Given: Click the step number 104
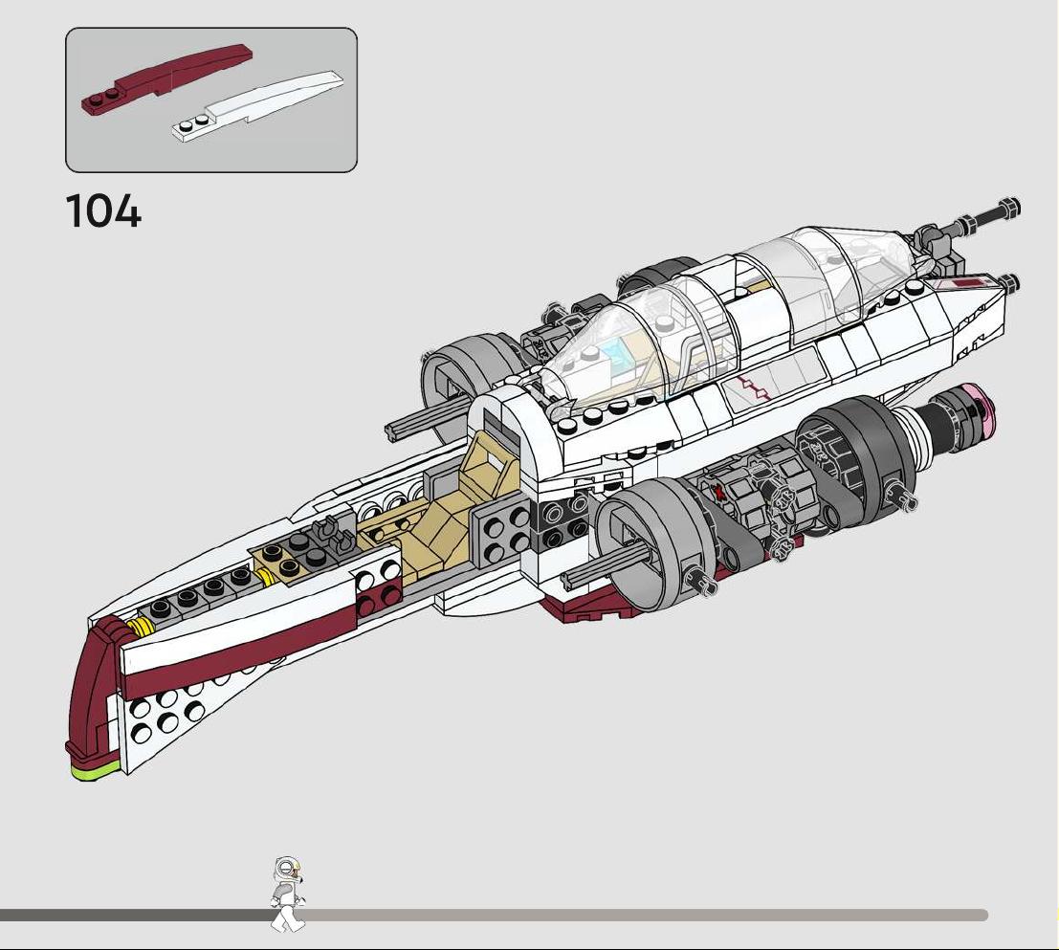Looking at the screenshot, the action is point(103,210).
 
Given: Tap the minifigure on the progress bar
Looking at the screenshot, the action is point(288,894).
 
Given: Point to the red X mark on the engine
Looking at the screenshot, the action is point(720,492).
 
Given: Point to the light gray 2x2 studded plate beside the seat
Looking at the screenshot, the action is point(501,534).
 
